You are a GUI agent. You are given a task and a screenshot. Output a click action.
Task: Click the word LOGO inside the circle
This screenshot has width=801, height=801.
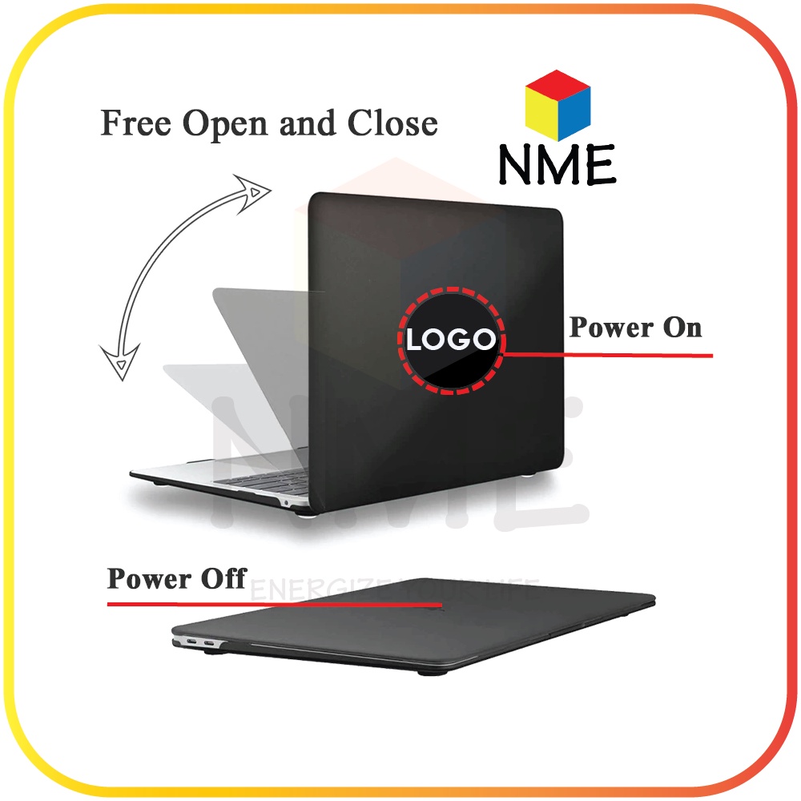click(x=451, y=340)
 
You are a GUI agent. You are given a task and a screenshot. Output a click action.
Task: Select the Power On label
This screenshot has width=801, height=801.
click(x=635, y=327)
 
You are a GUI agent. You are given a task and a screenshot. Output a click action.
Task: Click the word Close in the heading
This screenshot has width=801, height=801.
click(x=392, y=124)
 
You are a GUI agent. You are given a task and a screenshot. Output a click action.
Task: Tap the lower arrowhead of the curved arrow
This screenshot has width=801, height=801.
click(x=119, y=365)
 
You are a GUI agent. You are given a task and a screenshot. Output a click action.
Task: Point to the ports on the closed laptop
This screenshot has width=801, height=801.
click(x=200, y=642)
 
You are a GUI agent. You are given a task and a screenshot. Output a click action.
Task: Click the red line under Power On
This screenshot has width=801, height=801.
click(x=609, y=354)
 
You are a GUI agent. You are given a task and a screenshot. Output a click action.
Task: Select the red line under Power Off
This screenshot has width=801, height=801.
click(x=272, y=603)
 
